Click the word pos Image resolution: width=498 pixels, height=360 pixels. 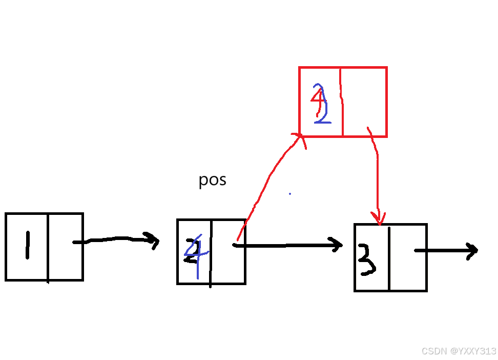pyautogui.click(x=212, y=180)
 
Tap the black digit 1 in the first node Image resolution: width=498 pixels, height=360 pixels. pyautogui.click(x=27, y=247)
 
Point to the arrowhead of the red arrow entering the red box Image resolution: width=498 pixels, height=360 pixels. pyautogui.click(x=299, y=137)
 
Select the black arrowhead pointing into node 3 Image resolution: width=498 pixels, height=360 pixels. pyautogui.click(x=338, y=245)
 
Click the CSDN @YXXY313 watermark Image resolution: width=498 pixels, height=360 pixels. pyautogui.click(x=459, y=351)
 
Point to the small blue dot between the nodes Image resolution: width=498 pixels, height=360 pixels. pyautogui.click(x=289, y=194)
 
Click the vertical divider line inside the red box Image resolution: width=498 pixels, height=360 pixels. pyautogui.click(x=341, y=102)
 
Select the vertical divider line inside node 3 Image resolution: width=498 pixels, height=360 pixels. pyautogui.click(x=389, y=257)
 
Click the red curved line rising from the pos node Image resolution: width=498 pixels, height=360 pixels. pyautogui.click(x=266, y=179)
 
